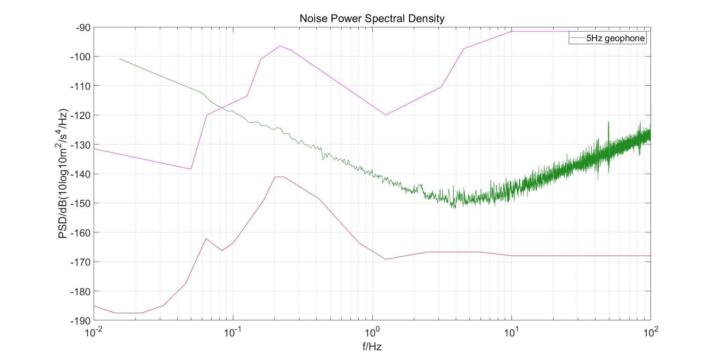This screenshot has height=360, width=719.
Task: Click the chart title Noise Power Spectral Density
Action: (372, 18)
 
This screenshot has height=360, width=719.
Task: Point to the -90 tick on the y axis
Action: (83, 28)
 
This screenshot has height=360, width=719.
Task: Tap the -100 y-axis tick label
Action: (81, 57)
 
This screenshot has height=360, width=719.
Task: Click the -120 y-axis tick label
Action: (81, 115)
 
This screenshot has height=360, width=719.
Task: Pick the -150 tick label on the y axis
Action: (81, 203)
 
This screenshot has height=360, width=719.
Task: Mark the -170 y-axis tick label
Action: (81, 262)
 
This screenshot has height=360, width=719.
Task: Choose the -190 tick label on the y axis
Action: (81, 321)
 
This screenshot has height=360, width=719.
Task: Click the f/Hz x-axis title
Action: (372, 347)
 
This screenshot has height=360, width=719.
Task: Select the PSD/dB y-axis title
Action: (63, 174)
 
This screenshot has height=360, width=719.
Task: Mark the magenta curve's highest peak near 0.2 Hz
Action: (280, 46)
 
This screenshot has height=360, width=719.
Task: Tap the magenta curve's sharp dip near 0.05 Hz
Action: (191, 169)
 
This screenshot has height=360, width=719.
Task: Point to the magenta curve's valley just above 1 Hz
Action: (385, 115)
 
